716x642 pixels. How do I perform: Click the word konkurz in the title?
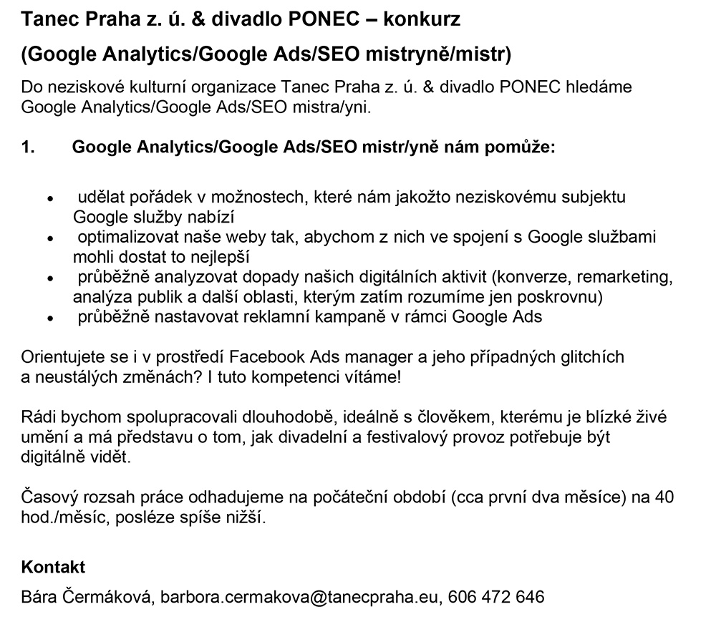[x=422, y=19]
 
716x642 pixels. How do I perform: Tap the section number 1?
[x=28, y=147]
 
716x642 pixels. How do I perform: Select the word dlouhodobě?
[x=289, y=417]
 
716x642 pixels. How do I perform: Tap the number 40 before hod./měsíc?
[x=664, y=497]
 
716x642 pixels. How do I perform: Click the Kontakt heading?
[x=54, y=567]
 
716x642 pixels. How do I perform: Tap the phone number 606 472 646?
[x=496, y=596]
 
